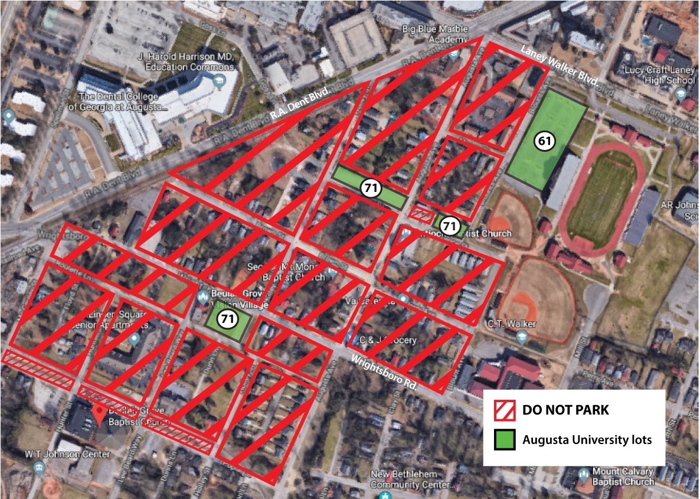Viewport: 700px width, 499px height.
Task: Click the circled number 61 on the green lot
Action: pyautogui.click(x=542, y=141)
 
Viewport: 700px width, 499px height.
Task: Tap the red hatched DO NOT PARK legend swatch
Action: pyautogui.click(x=506, y=409)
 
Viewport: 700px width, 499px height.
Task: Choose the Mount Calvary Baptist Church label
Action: pyautogui.click(x=616, y=476)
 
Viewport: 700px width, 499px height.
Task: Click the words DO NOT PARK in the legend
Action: pyautogui.click(x=565, y=409)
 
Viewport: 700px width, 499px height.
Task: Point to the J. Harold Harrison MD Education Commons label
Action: pyautogui.click(x=186, y=62)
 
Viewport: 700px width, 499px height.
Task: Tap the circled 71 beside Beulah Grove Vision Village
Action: pyautogui.click(x=226, y=319)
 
